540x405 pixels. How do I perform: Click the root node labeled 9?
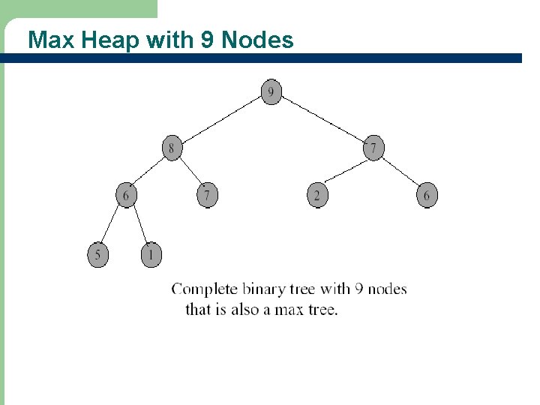271,93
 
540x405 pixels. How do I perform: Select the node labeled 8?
172,148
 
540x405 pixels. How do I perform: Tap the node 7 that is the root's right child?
373,148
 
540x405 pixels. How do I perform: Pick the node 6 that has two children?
125,195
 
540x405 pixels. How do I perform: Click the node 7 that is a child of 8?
207,195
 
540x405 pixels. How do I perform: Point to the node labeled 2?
316,195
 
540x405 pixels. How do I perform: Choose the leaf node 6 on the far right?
427,195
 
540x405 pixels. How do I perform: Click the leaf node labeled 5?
97,254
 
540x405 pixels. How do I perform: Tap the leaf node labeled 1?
151,254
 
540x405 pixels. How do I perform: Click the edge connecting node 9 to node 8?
221,120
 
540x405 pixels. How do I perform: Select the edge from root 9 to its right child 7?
322,120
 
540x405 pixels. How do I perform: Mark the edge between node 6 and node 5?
111,225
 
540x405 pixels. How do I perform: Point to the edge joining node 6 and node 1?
139,225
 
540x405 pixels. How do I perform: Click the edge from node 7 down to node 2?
345,171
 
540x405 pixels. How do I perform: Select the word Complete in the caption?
205,289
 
